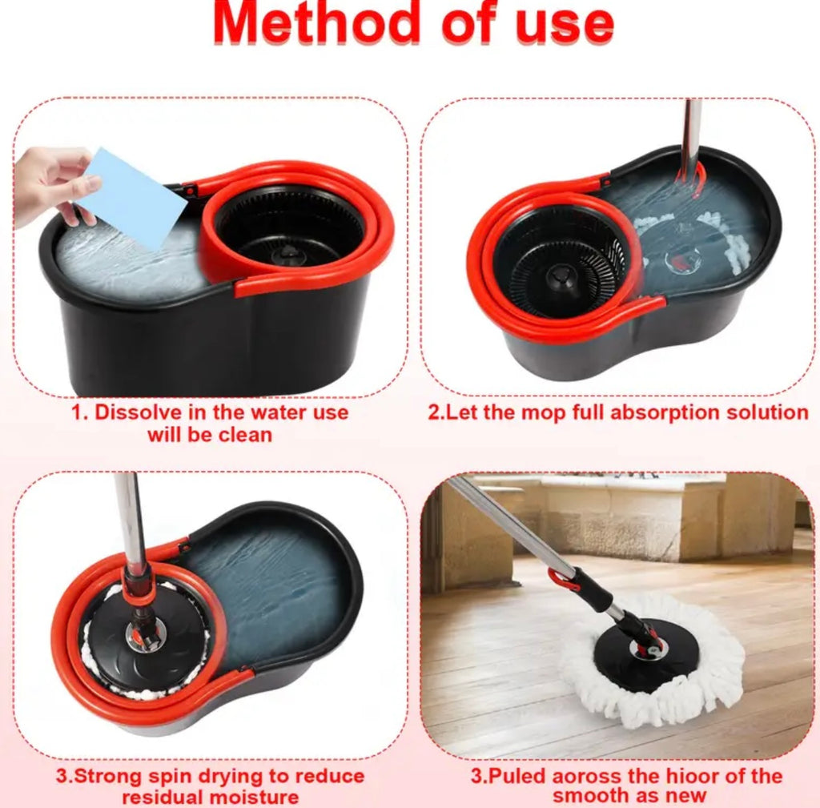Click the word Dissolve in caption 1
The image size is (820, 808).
(139, 412)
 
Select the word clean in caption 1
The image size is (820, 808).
(245, 435)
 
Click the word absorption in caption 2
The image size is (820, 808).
(657, 413)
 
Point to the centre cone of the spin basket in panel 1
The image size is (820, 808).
(287, 255)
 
